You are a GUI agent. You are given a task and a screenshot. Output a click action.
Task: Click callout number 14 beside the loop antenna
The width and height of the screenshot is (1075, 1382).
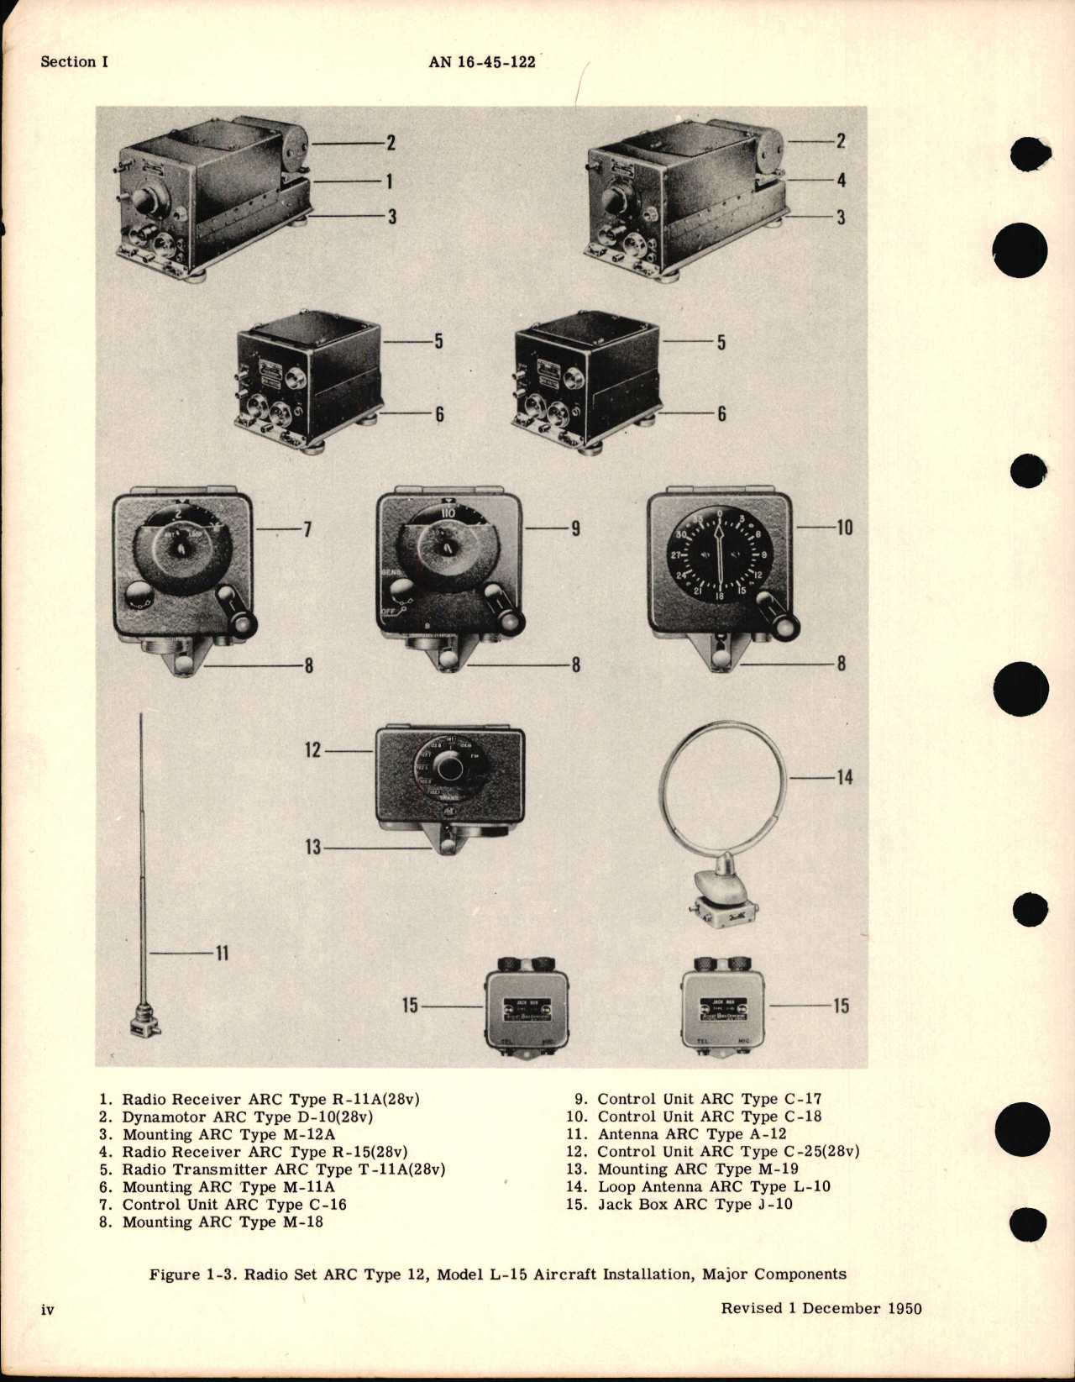coord(844,777)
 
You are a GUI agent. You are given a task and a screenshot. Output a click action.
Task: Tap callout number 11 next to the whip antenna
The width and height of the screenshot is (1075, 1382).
coord(222,954)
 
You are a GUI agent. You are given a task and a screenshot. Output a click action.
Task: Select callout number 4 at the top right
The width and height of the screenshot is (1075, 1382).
coord(841,180)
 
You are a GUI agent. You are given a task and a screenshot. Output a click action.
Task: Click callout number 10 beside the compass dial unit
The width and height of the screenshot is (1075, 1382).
coord(844,528)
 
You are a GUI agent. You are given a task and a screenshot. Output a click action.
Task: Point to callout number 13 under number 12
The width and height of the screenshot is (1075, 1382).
coord(313,848)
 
